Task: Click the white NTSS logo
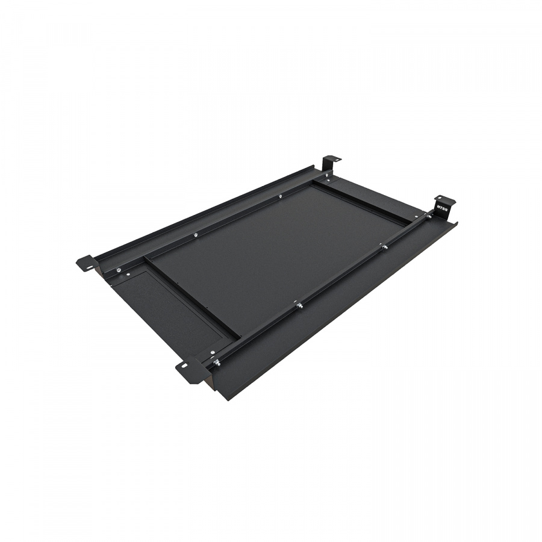pyautogui.click(x=442, y=209)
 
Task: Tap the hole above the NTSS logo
pyautogui.click(x=440, y=198)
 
